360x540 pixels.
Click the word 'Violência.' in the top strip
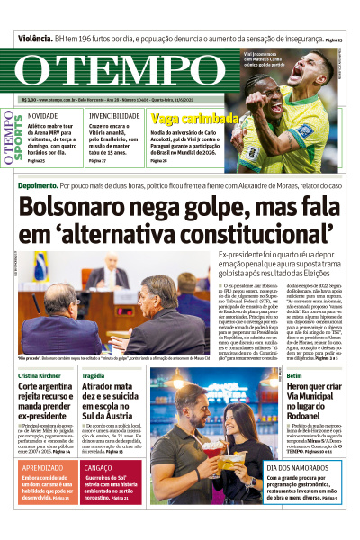point(33,40)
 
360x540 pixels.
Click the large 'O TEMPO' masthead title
point(117,73)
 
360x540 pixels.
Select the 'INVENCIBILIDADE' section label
point(113,116)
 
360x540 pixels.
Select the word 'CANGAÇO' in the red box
point(98,468)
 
